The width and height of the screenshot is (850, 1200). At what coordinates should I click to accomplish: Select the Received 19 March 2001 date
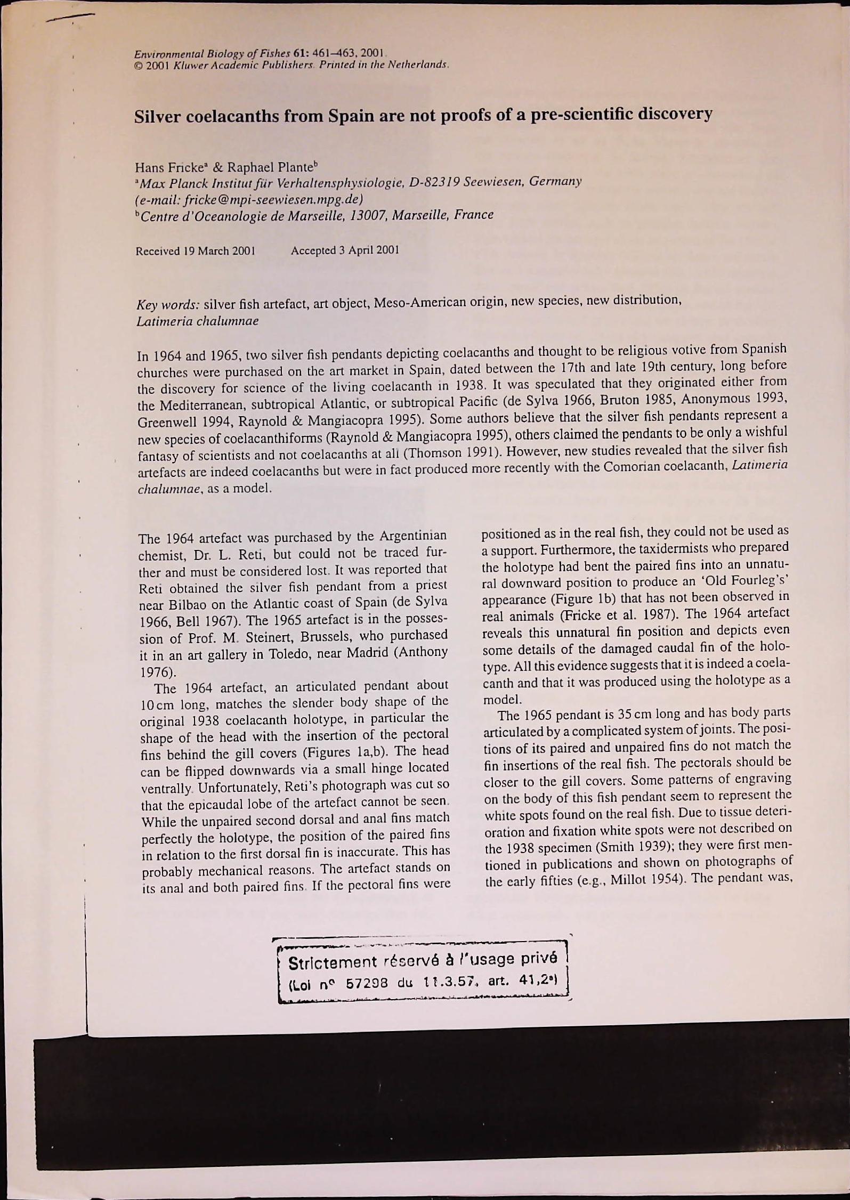[x=195, y=250]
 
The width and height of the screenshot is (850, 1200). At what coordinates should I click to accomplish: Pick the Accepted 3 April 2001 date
[x=344, y=249]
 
